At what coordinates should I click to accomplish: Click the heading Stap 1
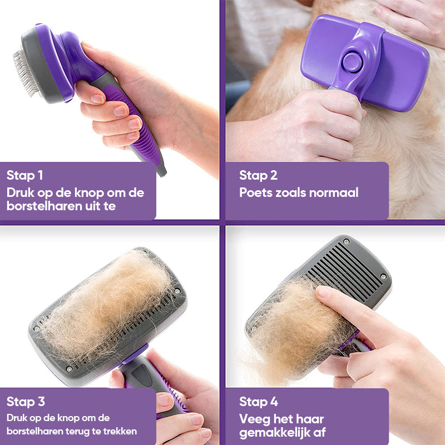(x=25, y=176)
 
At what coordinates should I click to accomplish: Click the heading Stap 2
(x=258, y=176)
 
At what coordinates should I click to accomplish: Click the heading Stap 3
(x=26, y=401)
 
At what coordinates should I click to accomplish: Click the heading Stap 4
(x=258, y=401)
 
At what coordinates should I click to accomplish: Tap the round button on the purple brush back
(x=352, y=62)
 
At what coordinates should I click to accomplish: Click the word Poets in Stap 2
(x=255, y=193)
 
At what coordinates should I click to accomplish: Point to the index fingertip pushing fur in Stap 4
(x=323, y=292)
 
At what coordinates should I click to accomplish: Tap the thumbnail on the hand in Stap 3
(x=165, y=399)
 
